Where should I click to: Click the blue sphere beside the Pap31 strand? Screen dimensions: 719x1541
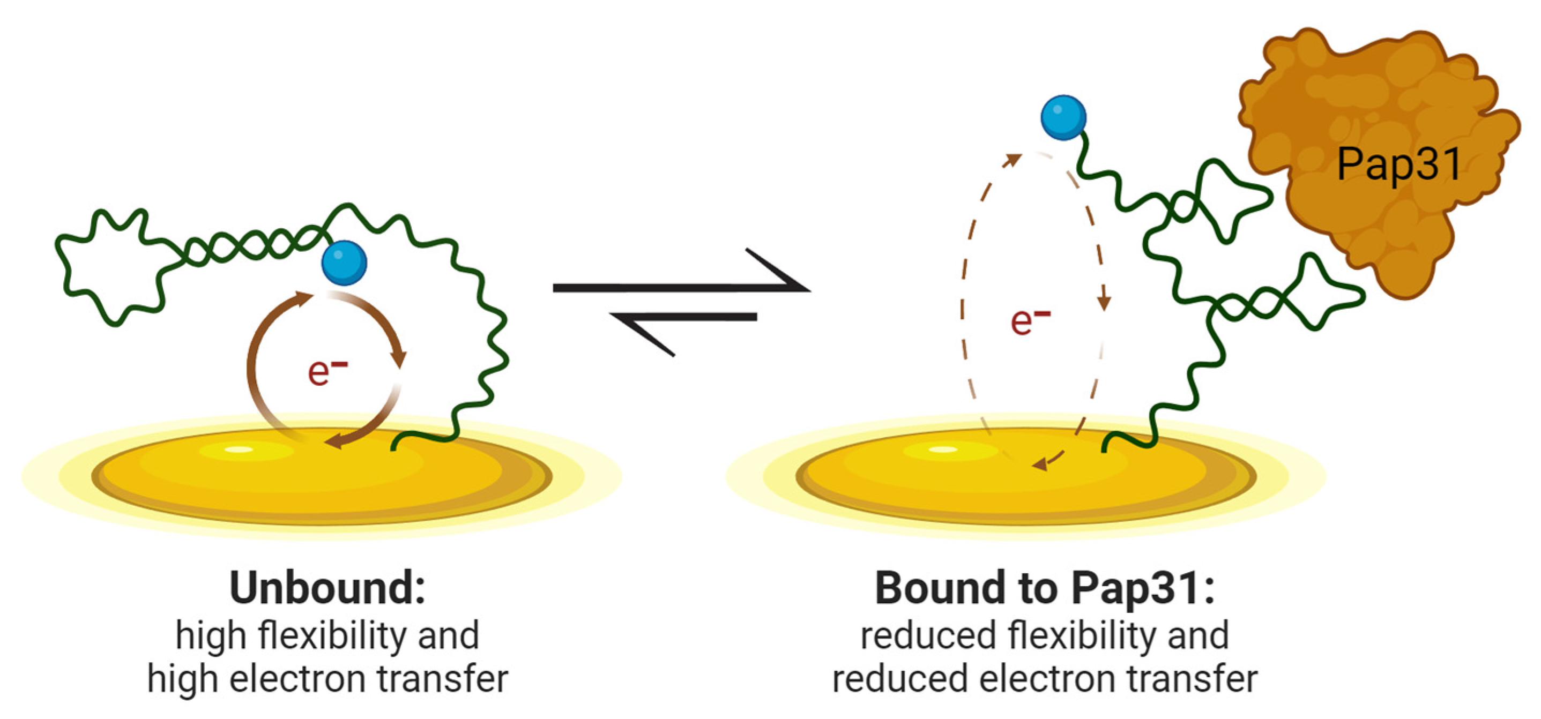[x=1063, y=118]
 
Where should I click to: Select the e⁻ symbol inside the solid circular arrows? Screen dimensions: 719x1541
[x=326, y=371]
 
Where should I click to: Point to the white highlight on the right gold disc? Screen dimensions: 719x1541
[x=942, y=449]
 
